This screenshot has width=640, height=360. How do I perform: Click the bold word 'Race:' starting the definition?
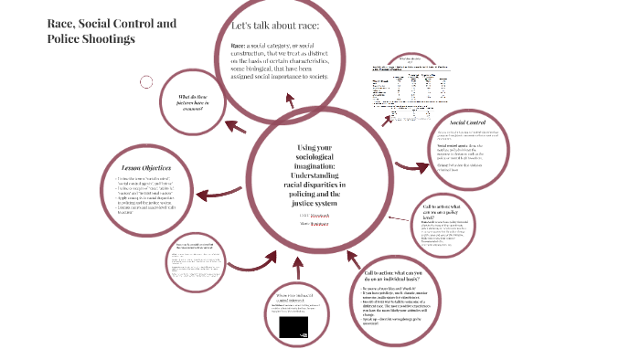pyautogui.click(x=240, y=46)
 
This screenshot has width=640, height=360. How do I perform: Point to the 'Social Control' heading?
pyautogui.click(x=474, y=122)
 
